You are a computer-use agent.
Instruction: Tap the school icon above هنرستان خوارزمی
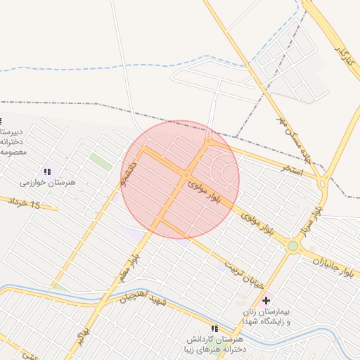(48, 171)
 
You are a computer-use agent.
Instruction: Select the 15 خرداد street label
(25, 203)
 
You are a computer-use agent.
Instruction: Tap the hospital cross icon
(266, 300)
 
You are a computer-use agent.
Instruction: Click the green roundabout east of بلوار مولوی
(292, 246)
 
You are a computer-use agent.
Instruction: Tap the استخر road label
(292, 169)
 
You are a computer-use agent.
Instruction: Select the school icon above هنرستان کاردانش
(214, 328)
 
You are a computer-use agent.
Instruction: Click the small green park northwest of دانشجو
(101, 162)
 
